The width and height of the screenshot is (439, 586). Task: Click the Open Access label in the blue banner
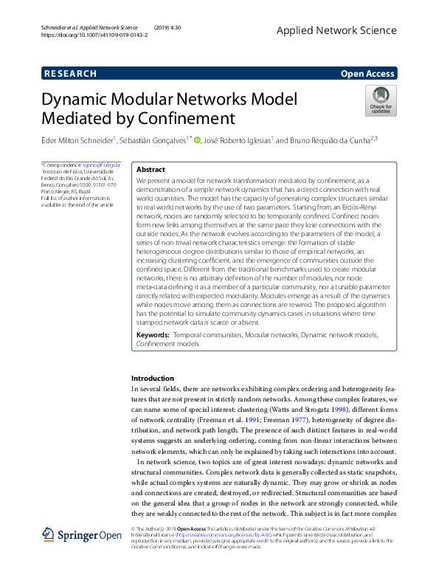(367, 73)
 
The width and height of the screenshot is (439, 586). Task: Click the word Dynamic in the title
(74, 100)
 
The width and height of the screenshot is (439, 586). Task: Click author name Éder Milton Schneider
(78, 139)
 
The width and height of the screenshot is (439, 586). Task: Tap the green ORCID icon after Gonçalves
(197, 139)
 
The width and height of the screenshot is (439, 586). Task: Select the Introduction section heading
(152, 378)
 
